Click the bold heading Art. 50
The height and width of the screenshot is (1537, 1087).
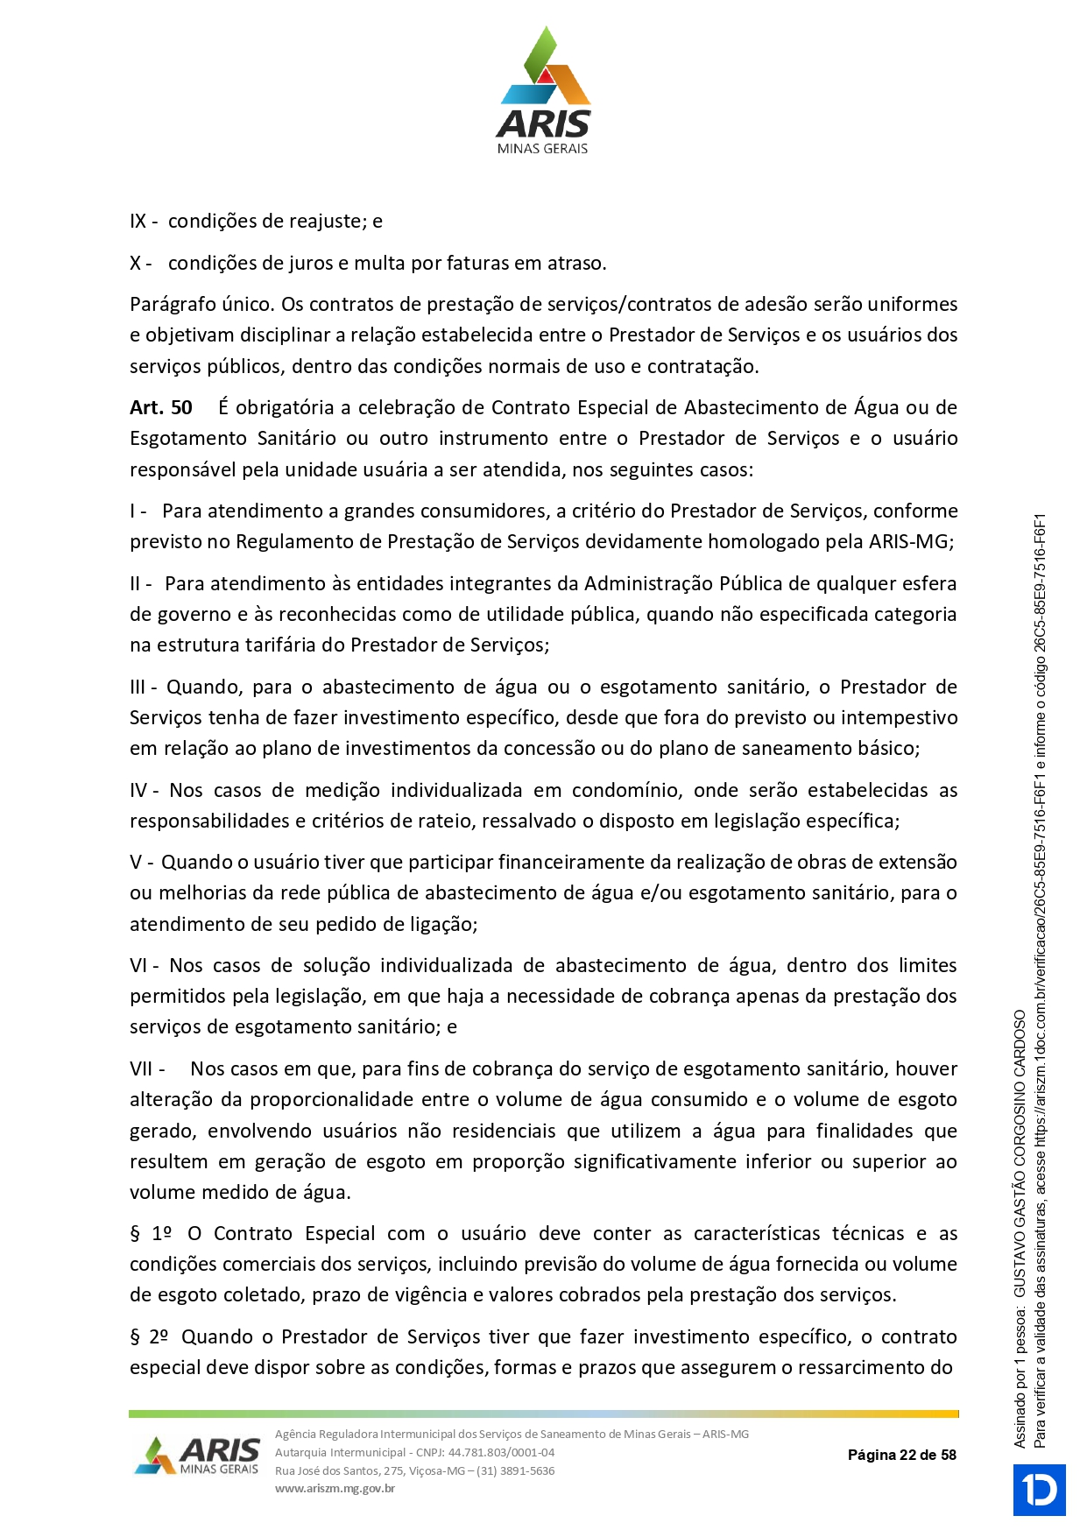coord(161,407)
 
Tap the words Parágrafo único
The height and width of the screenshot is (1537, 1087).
coord(201,305)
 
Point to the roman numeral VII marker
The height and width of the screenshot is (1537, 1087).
coord(142,1068)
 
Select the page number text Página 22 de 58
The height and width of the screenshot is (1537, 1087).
coord(901,1455)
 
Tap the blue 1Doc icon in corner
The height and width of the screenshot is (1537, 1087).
coord(1039,1490)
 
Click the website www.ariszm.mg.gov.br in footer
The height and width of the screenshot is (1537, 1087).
coord(335,1488)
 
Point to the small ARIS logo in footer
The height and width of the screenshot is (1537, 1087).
coord(198,1455)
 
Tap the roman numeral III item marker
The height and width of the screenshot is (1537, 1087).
coord(140,687)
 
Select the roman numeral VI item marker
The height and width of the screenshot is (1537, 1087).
coord(140,965)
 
